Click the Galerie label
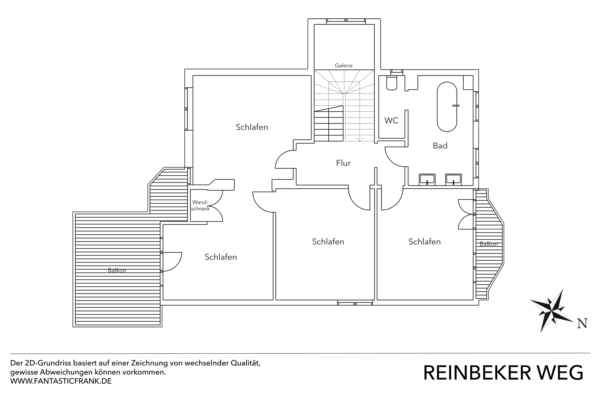click(343, 66)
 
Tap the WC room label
click(391, 120)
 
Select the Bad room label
click(440, 146)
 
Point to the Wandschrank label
click(200, 205)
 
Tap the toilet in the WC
click(392, 83)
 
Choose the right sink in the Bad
click(453, 179)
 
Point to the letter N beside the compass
click(582, 323)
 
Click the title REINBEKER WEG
click(503, 373)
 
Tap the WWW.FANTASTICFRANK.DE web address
click(61, 381)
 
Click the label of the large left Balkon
click(117, 270)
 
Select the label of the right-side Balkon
click(489, 244)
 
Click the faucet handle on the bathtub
click(456, 106)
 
